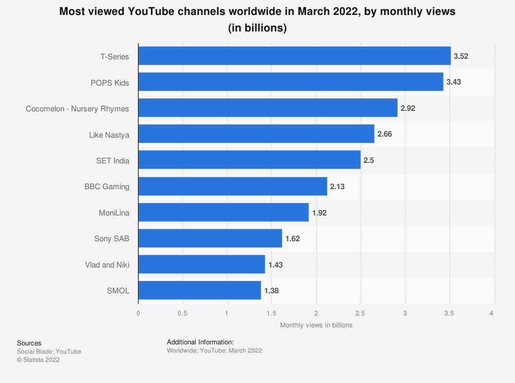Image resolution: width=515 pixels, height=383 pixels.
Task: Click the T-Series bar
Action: pos(294,56)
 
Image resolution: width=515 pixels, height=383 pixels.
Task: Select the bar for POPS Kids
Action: pos(290,82)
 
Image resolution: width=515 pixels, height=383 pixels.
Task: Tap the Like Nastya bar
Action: pos(256,134)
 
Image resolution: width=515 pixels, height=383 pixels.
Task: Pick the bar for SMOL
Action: pos(199,290)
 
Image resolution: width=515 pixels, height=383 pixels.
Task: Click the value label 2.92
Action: pos(408,108)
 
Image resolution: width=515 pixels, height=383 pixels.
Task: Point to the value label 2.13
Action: pos(337,186)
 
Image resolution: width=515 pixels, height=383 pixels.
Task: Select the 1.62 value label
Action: pos(293,238)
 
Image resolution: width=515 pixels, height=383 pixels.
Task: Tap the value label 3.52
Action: pos(461,56)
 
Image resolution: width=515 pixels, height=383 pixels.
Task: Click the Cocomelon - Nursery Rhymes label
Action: pos(77,108)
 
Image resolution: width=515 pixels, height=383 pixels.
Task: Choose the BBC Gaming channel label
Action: pos(107,186)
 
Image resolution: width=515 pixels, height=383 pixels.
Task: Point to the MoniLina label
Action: pos(114,212)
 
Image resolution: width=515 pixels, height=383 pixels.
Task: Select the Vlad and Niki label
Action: pos(107,264)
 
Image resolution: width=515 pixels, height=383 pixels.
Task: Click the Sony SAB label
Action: pos(111,238)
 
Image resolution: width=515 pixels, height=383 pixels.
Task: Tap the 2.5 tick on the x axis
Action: pos(360,313)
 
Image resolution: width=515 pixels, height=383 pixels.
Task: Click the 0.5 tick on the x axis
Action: pos(182,313)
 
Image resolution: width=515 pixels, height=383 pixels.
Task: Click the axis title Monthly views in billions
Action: pos(316,325)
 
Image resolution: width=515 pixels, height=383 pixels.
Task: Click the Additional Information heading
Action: pos(200,342)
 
